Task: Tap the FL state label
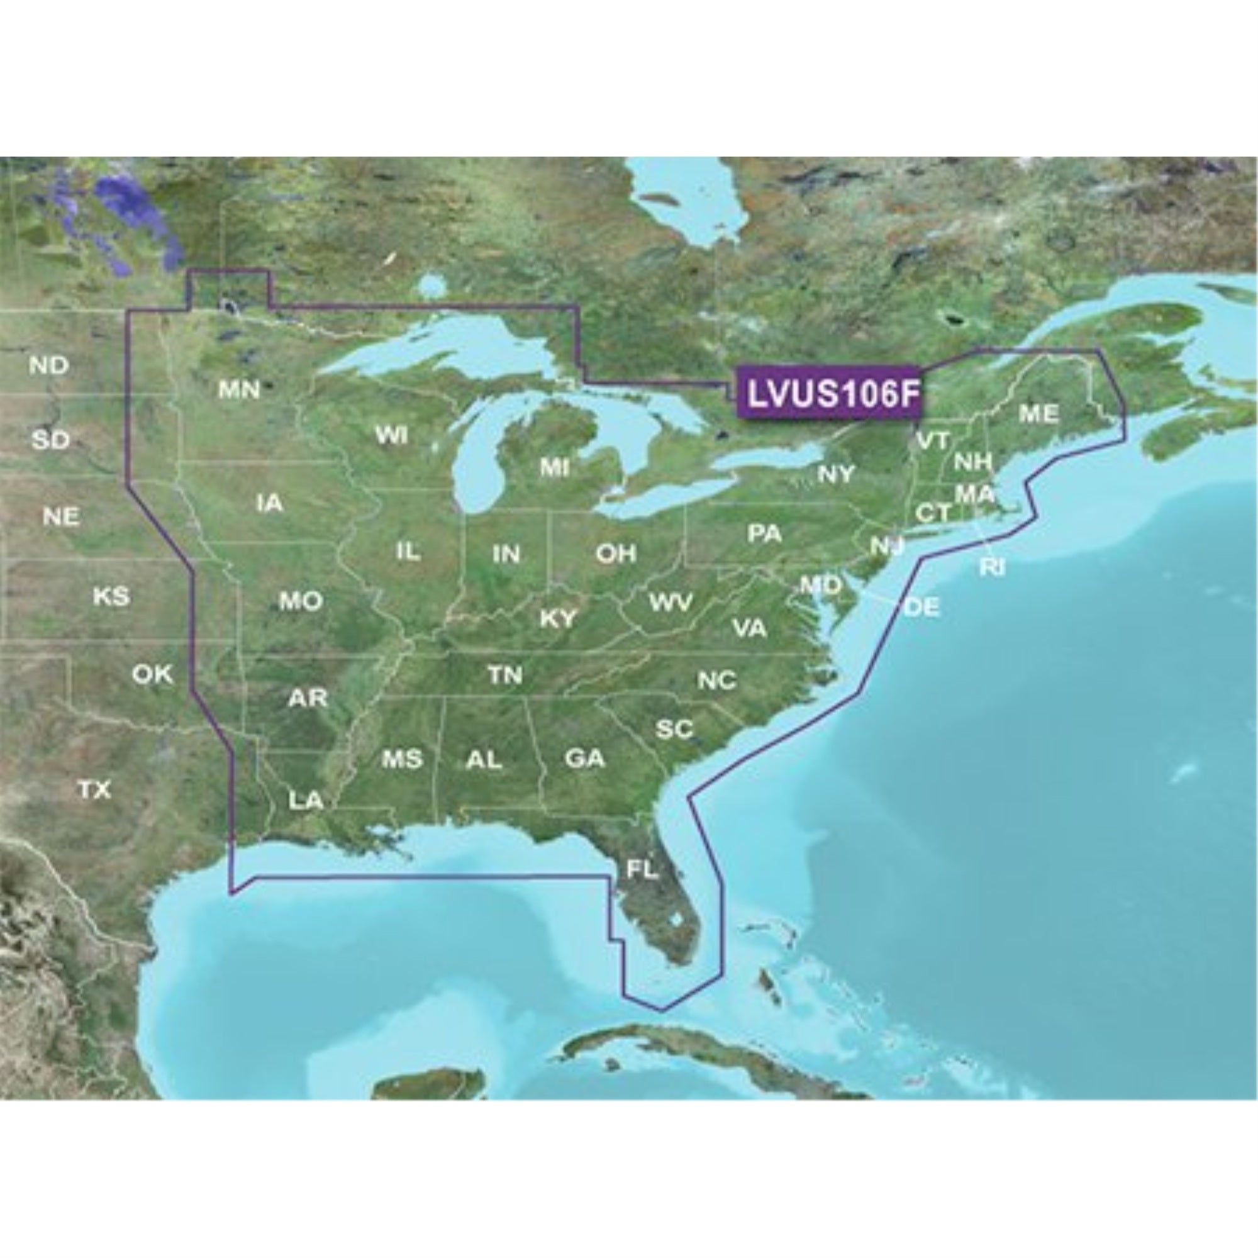tap(642, 869)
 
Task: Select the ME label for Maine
tap(1038, 413)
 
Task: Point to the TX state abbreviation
tap(95, 790)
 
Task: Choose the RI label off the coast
tap(992, 568)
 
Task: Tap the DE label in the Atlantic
tap(922, 607)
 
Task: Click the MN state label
tap(239, 389)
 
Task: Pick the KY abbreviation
tap(558, 618)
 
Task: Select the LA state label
tap(306, 799)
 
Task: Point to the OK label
tap(152, 674)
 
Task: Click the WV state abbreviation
tap(670, 603)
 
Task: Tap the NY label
tap(836, 474)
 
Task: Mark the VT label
tap(932, 440)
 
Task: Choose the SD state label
tap(51, 440)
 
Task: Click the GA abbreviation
tap(585, 758)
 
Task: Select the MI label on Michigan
tap(554, 467)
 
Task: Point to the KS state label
tap(111, 596)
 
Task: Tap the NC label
tap(717, 681)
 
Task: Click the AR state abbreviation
tap(308, 699)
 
